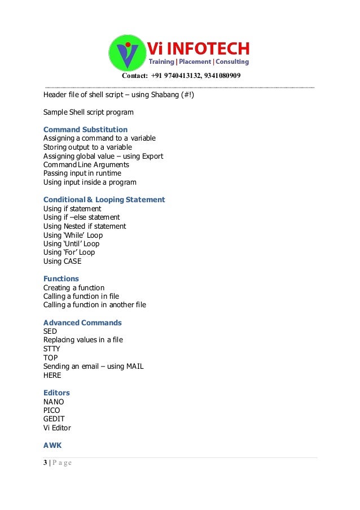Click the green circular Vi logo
(x=128, y=53)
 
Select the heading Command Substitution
(x=85, y=129)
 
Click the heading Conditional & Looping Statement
(x=104, y=199)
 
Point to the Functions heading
(x=61, y=278)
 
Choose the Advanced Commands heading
(x=82, y=322)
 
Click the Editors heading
(x=56, y=393)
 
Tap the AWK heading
(x=52, y=445)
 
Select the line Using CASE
(x=62, y=261)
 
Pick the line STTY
(x=51, y=348)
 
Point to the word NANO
(x=54, y=402)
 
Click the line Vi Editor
(x=57, y=428)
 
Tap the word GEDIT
(x=54, y=419)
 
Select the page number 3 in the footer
(x=45, y=463)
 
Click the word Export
(x=152, y=156)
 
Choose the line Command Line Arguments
(x=86, y=164)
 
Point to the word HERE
(x=52, y=375)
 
